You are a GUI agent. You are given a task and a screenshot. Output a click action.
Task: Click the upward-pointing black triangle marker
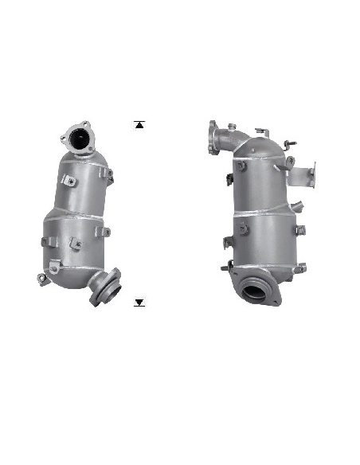tap(139, 124)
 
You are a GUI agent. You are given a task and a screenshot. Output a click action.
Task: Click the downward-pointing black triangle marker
tap(139, 303)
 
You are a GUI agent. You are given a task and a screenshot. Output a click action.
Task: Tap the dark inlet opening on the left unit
tap(80, 141)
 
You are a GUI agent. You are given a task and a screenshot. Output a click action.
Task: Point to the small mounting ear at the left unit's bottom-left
tap(41, 278)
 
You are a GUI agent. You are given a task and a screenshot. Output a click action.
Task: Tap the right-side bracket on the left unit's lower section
tap(101, 232)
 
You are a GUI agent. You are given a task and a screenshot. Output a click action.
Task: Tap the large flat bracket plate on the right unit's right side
tap(307, 176)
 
